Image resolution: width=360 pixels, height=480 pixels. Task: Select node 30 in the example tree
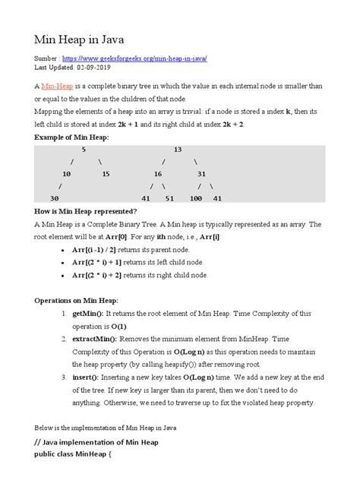pyautogui.click(x=55, y=197)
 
